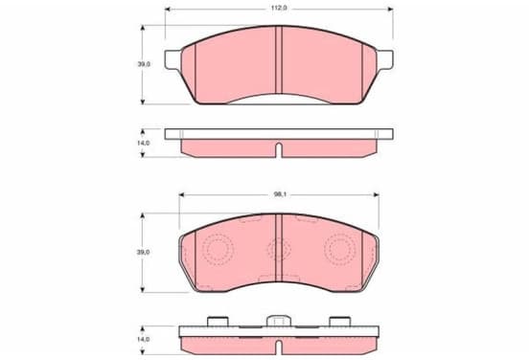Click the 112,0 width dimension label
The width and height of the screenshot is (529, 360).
(x=278, y=8)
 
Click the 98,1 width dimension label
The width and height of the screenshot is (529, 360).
(x=278, y=194)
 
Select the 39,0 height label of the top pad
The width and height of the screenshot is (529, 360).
(x=144, y=64)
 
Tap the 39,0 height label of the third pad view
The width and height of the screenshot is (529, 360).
(x=143, y=252)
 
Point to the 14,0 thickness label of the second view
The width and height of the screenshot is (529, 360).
(x=143, y=143)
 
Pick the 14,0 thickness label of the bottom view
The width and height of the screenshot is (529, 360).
(x=143, y=340)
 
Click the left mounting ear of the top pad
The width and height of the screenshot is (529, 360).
(x=172, y=60)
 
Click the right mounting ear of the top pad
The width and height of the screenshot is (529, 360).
(x=385, y=60)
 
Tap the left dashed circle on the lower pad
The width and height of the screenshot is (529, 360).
(x=218, y=250)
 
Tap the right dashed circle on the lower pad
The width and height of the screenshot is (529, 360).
(x=340, y=250)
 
